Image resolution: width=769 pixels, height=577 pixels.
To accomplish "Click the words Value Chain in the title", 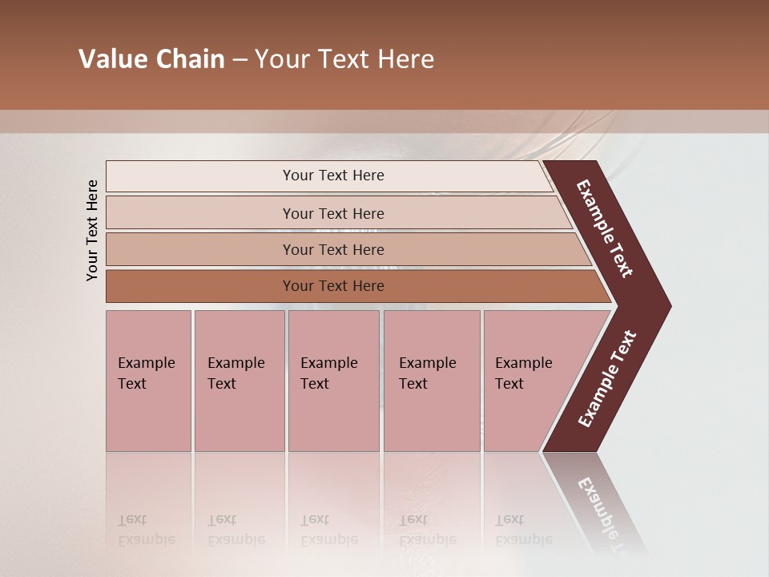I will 151,59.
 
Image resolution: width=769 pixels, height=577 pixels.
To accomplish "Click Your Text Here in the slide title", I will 344,59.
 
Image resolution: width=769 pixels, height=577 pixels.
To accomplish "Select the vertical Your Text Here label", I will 92,230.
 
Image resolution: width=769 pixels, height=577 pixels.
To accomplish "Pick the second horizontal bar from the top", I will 333,213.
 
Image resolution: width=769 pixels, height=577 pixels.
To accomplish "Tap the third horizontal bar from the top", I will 333,249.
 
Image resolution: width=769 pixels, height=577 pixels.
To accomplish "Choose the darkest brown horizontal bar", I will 333,286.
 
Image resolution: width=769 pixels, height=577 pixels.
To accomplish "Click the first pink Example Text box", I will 148,381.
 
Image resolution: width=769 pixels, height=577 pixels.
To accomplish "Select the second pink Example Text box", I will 240,381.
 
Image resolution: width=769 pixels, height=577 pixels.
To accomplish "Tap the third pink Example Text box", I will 333,381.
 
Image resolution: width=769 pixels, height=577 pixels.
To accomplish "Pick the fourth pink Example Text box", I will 432,381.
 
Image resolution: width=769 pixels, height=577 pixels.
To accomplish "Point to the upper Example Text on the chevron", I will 605,228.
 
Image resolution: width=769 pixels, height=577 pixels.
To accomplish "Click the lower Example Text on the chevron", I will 607,379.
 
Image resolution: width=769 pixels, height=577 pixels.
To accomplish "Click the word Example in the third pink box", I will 328,363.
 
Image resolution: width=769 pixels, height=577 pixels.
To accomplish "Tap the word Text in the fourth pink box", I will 413,384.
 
